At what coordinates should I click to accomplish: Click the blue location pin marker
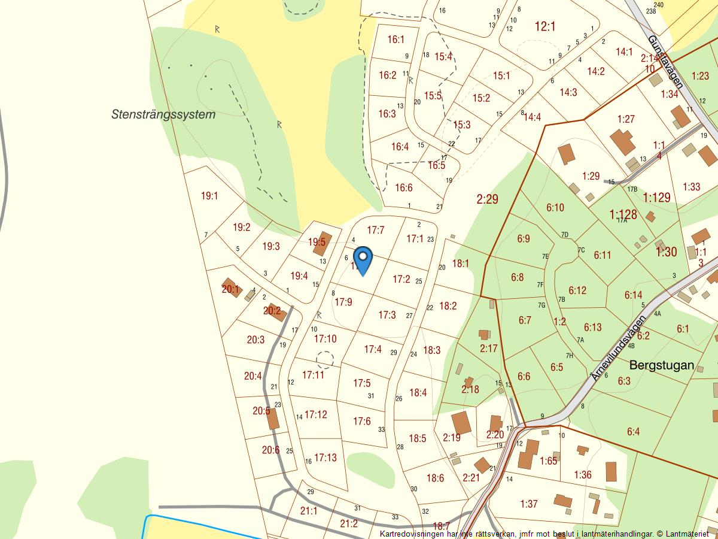363,259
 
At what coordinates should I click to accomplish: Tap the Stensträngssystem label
163,114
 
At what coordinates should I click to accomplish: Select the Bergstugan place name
661,365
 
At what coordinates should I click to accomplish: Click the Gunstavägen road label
665,62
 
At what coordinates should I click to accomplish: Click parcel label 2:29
488,199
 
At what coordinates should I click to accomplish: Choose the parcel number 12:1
545,26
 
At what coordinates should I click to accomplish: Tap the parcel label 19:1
209,196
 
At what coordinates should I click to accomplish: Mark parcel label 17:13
325,458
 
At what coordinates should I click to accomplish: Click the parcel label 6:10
555,208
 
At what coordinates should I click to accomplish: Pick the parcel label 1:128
623,214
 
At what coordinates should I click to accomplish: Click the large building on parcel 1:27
623,142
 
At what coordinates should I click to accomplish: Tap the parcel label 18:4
418,393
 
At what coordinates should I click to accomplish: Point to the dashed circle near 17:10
325,359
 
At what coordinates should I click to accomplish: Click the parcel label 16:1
396,40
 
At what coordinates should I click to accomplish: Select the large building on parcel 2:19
461,422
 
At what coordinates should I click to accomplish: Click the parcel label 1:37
529,504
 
